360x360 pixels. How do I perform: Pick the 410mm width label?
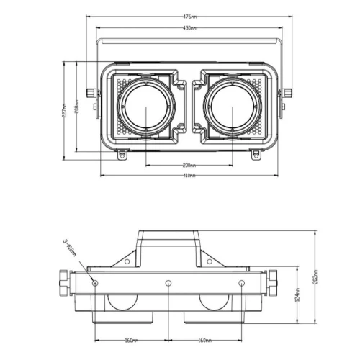[x=188, y=176]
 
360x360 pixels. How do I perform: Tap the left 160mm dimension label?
[x=131, y=341]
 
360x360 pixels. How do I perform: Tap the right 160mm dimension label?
[x=204, y=341]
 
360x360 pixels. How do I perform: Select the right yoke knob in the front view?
[x=287, y=93]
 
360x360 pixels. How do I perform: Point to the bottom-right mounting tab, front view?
[x=255, y=153]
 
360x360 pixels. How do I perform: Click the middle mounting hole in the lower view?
[x=168, y=282]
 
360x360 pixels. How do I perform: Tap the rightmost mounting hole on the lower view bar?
[x=241, y=282]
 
